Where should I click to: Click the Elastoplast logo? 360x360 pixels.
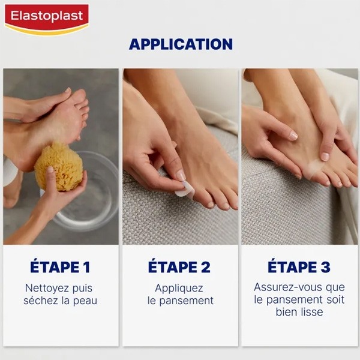pos(46,19)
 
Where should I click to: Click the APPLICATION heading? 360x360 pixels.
pos(181,44)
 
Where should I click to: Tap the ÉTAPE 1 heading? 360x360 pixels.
pos(60,266)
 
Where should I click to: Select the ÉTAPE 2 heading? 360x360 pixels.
pos(179,266)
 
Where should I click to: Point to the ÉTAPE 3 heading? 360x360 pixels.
pos(298,266)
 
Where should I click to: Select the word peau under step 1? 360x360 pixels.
pos(86,301)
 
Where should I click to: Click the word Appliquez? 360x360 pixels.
pos(179,288)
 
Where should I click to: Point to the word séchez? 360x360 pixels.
pos(40,301)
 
